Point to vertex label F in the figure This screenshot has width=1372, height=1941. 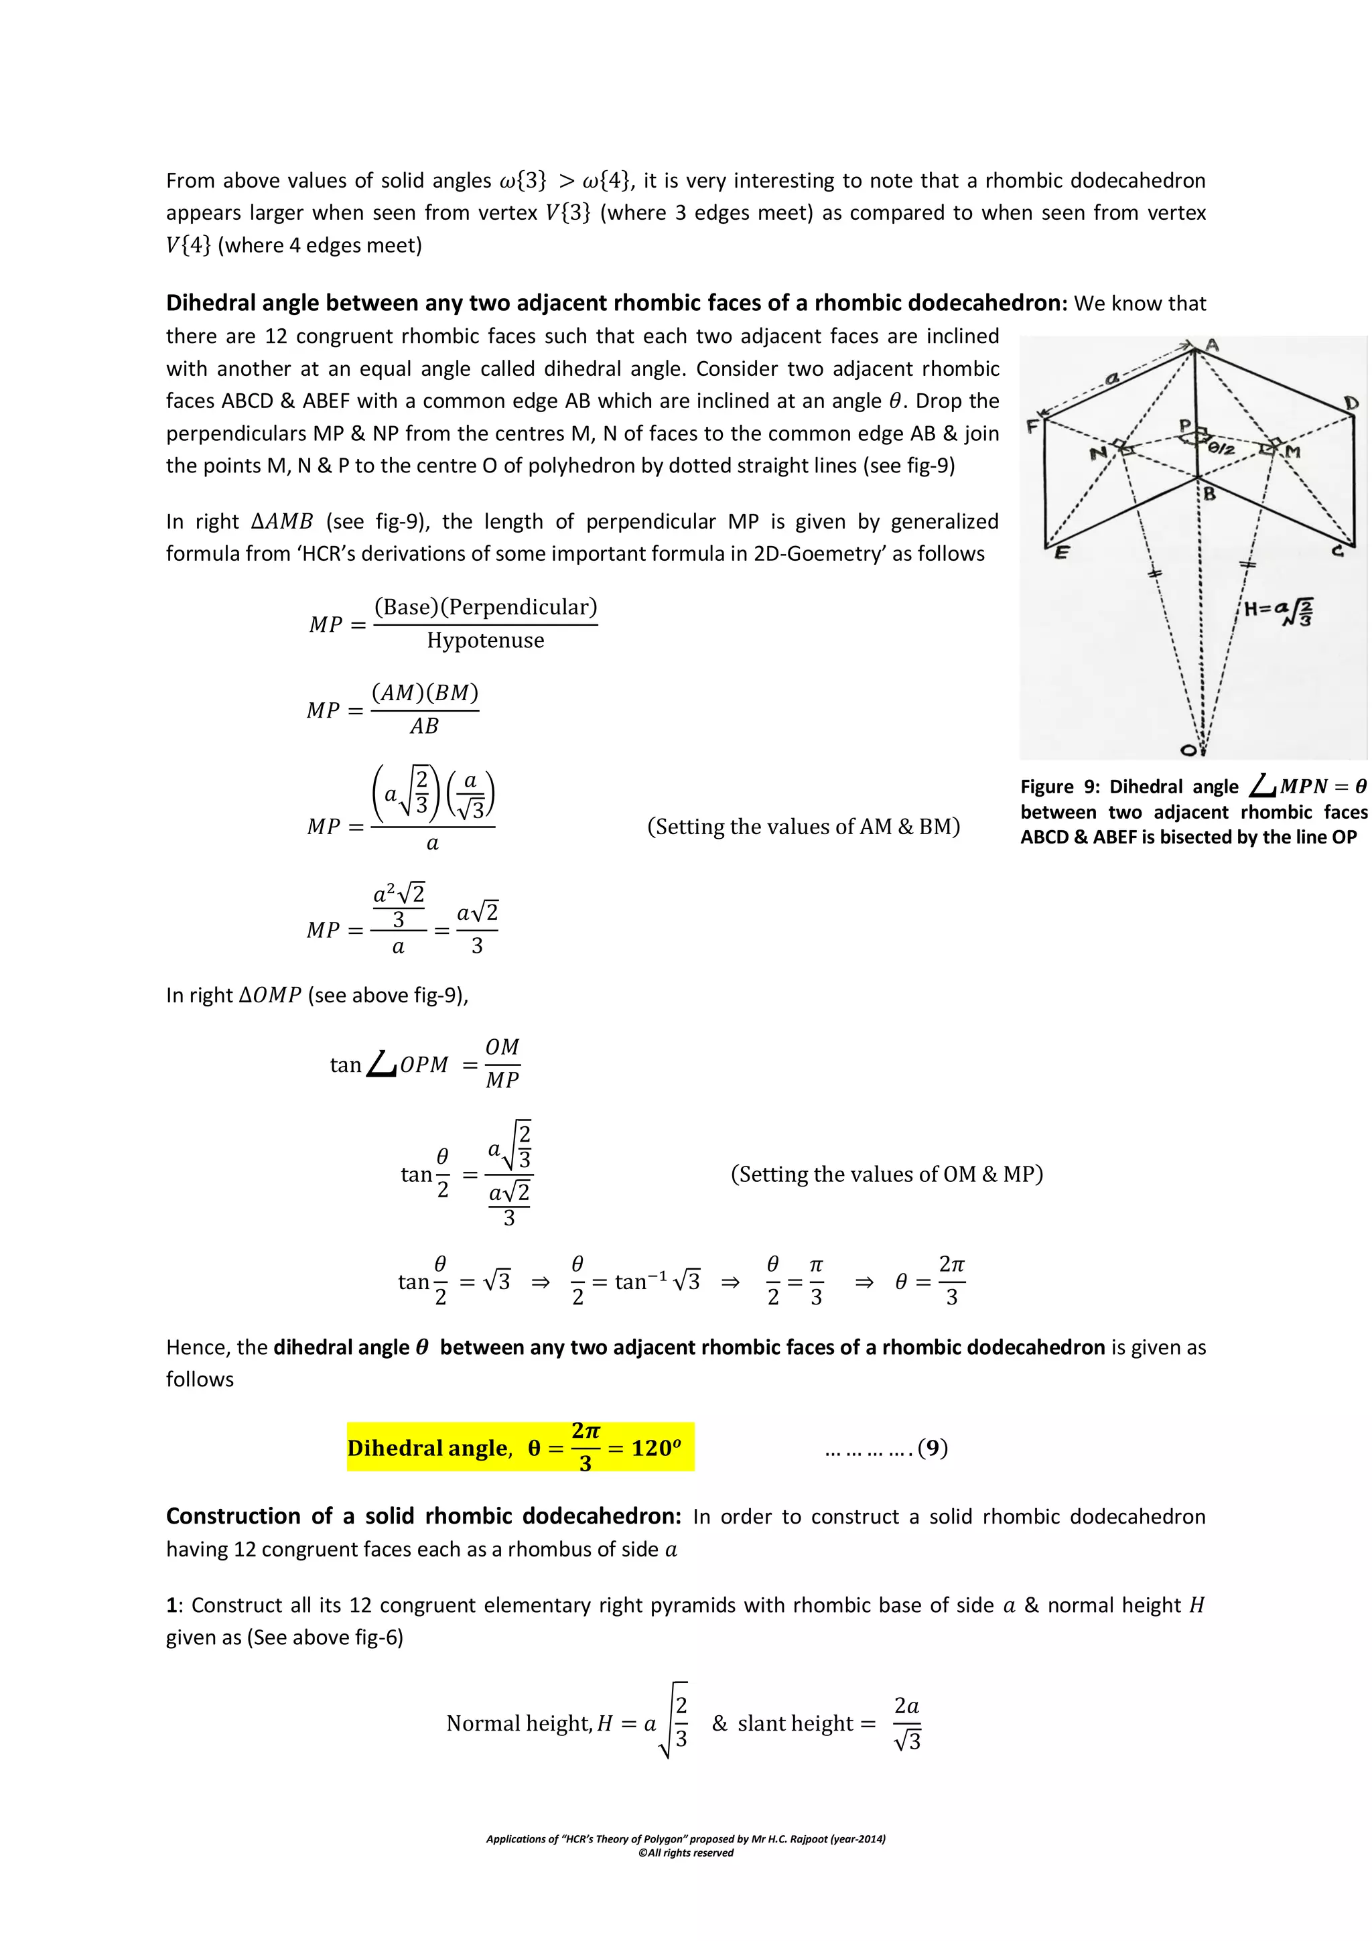tap(1032, 426)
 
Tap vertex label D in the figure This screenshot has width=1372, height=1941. tap(1351, 403)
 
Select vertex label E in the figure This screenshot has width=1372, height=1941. tap(1061, 552)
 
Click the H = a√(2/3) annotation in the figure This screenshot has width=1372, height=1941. tap(1279, 610)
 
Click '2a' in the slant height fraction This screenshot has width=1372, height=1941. tap(906, 1705)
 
